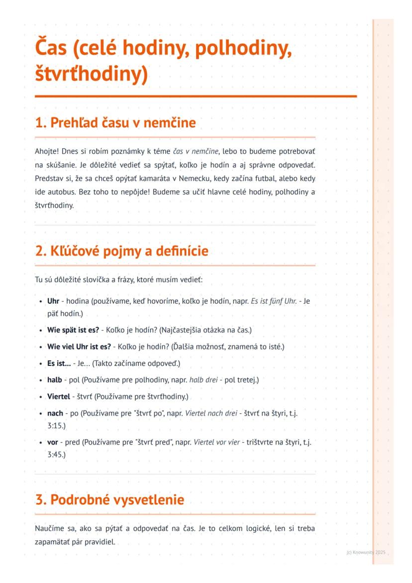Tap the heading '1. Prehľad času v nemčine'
pos(115,122)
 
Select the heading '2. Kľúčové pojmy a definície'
pos(121,251)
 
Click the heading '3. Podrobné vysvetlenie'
pos(109,499)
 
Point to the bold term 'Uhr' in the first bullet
pos(53,302)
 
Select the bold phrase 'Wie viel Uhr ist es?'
pos(79,347)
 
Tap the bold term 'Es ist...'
pos(59,363)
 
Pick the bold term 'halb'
pos(54,380)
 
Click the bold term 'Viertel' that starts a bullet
pos(59,397)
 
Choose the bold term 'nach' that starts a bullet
pos(55,413)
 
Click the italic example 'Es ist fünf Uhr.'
pos(274,302)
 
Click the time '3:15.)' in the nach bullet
pos(56,426)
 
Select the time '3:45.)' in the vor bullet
pos(56,454)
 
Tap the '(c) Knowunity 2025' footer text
pos(366,553)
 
